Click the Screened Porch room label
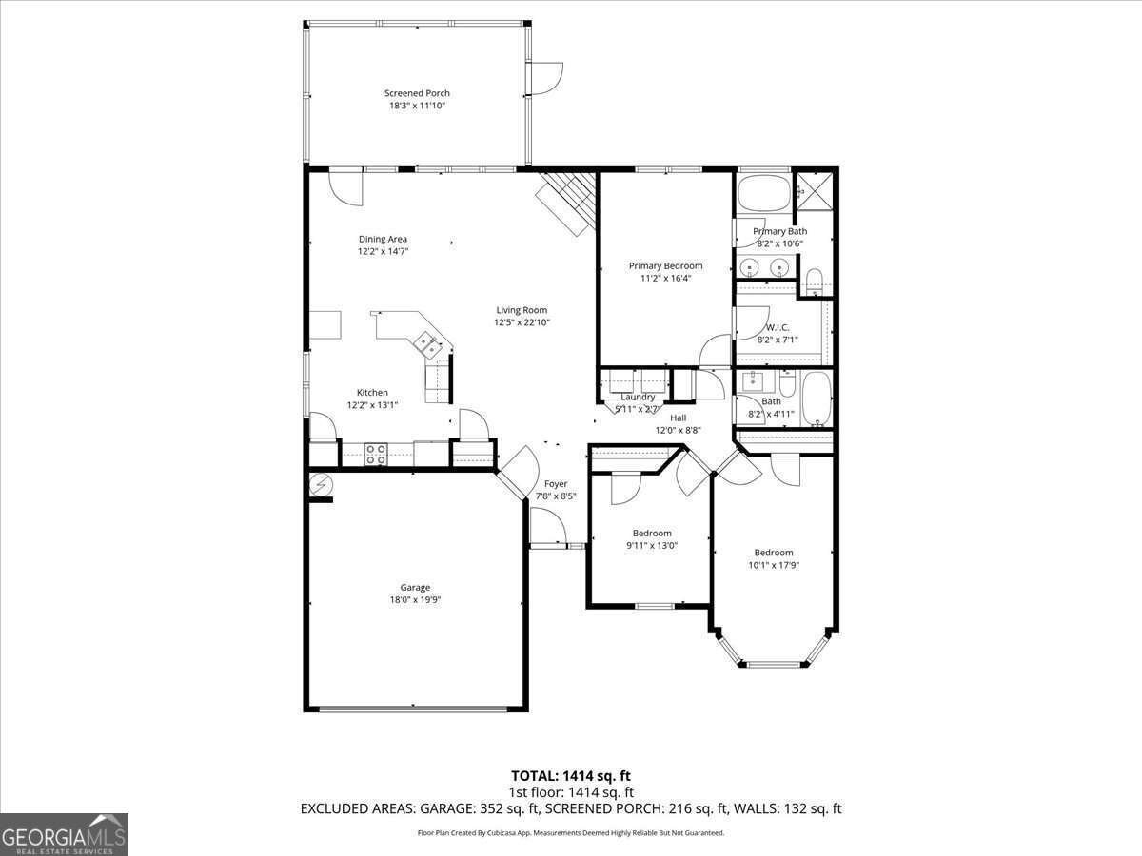pos(417,93)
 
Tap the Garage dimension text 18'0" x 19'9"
pos(415,600)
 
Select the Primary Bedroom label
pos(665,265)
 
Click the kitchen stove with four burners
pos(375,455)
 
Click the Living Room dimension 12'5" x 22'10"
pos(522,322)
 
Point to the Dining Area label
pos(383,239)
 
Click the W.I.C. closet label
pos(778,327)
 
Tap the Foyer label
pos(556,484)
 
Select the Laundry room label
pos(638,397)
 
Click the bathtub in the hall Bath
pos(817,400)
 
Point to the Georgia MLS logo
pos(64,834)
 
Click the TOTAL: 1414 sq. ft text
pos(571,775)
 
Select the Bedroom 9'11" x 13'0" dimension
pos(652,546)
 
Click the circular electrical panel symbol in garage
pos(321,485)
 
